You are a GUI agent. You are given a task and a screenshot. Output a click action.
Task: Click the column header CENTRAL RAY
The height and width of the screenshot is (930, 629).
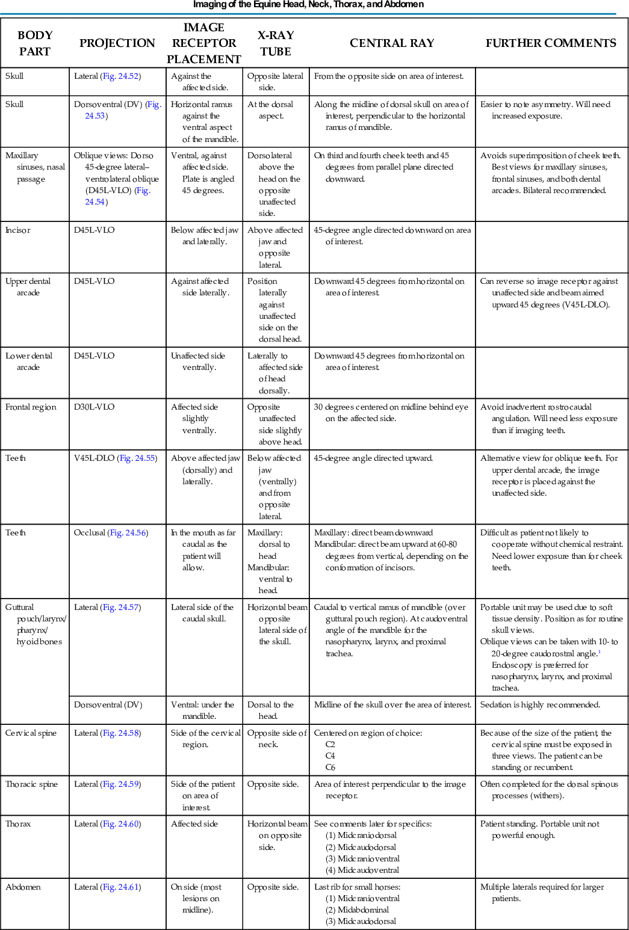click(392, 43)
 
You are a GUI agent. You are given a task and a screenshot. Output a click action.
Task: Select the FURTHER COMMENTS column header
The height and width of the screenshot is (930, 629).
click(551, 43)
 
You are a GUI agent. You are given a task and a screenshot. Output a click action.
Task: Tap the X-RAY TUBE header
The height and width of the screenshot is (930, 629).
click(276, 43)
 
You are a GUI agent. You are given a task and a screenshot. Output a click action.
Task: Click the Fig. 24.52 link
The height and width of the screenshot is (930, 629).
click(121, 76)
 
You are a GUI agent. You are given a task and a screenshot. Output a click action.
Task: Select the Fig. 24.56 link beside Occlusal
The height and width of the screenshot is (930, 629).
click(128, 533)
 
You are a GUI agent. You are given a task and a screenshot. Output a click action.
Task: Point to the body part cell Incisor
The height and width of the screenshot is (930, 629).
click(18, 230)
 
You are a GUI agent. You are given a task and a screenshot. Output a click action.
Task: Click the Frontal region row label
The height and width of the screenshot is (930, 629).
click(31, 407)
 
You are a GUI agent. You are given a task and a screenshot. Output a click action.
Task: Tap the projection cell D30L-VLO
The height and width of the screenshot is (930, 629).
click(94, 407)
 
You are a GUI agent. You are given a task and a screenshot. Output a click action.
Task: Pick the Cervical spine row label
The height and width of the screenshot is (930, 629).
click(31, 733)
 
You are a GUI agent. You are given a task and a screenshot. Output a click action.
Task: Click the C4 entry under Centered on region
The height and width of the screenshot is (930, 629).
click(330, 756)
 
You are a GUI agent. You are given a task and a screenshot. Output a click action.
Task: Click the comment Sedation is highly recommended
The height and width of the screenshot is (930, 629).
click(540, 705)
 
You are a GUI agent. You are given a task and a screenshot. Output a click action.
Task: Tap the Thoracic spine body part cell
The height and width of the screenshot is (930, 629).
click(32, 784)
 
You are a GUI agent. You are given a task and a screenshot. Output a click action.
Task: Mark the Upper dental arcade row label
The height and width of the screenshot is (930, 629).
click(28, 287)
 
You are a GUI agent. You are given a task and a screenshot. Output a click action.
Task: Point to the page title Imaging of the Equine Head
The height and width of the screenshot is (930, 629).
click(308, 5)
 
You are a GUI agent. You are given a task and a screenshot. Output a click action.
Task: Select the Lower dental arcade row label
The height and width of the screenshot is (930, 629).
click(29, 362)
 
